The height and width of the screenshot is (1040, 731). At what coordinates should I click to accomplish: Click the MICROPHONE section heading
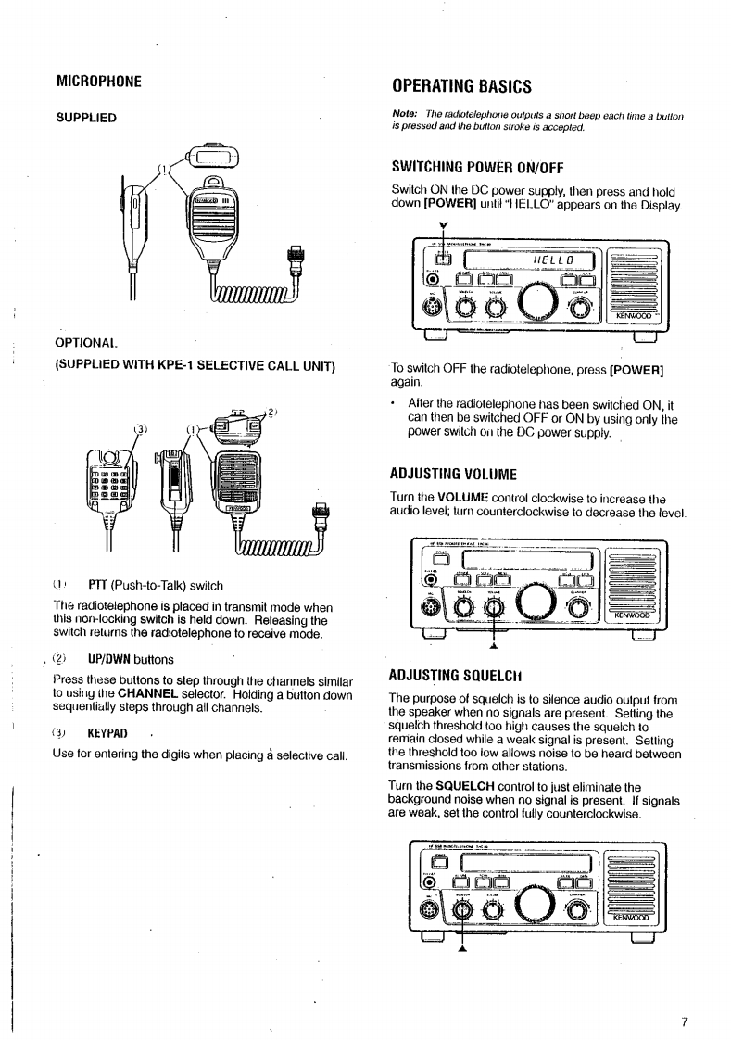[99, 81]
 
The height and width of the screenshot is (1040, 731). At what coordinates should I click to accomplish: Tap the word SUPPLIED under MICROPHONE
[86, 118]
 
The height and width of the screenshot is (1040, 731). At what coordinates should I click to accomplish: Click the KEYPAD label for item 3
[107, 733]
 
